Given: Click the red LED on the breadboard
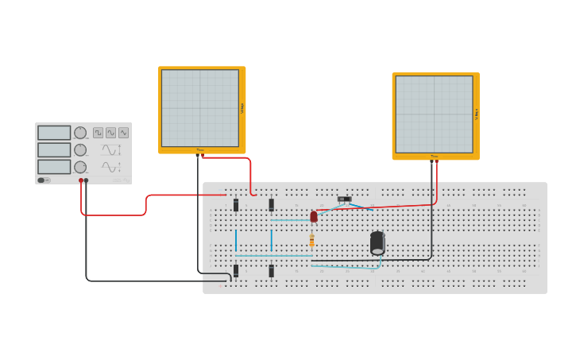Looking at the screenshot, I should [x=314, y=216].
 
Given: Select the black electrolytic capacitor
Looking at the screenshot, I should [x=377, y=242].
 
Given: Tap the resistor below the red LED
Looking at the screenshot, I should [x=311, y=240].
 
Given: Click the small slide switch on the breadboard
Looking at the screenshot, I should [x=344, y=199].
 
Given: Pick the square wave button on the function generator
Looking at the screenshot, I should [x=98, y=133].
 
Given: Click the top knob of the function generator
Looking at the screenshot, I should [x=80, y=133].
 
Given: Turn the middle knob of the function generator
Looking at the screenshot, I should [x=80, y=149].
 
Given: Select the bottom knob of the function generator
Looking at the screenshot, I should [x=80, y=167].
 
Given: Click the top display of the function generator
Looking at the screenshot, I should [x=54, y=133].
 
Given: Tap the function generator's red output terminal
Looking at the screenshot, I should [x=81, y=180].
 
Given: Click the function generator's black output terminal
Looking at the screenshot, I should [x=87, y=180].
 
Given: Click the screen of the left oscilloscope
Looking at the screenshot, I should [x=200, y=108].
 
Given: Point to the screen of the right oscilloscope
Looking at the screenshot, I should [x=434, y=114].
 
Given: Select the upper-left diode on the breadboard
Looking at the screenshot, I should [x=236, y=205].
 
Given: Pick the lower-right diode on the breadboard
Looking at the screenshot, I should [x=271, y=271].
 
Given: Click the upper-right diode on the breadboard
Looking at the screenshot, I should [x=271, y=205].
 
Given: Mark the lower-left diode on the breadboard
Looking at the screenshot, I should [x=236, y=271].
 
